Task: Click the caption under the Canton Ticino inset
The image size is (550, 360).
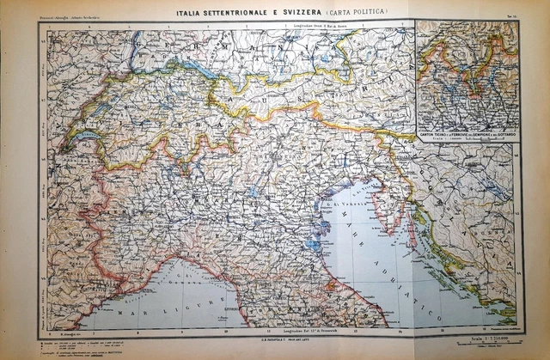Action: pyautogui.click(x=467, y=137)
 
